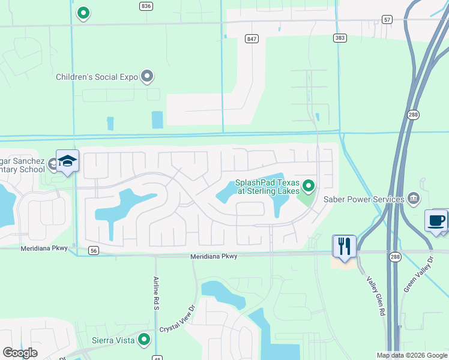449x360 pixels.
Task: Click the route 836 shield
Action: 145,5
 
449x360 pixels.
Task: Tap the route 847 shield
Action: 252,38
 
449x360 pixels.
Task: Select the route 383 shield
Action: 340,38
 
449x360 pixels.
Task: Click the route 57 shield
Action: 388,20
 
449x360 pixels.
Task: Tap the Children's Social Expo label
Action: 97,77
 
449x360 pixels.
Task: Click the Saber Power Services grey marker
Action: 414,197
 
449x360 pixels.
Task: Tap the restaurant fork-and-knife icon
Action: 344,245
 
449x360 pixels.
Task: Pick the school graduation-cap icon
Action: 67,160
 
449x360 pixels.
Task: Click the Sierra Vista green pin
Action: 143,340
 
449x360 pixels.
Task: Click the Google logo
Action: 20,353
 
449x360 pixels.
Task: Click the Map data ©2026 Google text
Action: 411,355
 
